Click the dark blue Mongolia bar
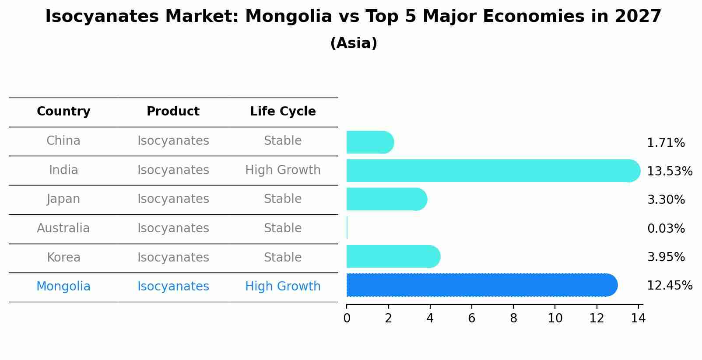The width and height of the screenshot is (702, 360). coord(481,285)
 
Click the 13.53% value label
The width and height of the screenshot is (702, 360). coord(669,171)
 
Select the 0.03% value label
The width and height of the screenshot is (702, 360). coord(666,228)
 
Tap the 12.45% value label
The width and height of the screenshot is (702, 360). coord(669,286)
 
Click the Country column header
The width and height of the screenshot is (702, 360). coord(63,112)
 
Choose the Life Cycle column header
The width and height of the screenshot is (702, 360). coord(283,112)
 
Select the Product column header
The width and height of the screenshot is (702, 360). coord(173,112)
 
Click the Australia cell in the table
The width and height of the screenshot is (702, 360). coord(63,228)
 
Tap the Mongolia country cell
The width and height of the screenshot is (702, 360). coord(63,287)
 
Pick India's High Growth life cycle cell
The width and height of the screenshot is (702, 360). coord(283,170)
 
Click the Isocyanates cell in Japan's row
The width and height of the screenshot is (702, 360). coord(173,199)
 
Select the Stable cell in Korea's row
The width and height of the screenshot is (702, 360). coord(283,257)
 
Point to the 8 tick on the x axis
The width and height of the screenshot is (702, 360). coord(513,318)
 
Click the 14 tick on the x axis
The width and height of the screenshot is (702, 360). coord(638,318)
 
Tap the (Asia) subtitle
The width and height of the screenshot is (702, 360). coord(354,43)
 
